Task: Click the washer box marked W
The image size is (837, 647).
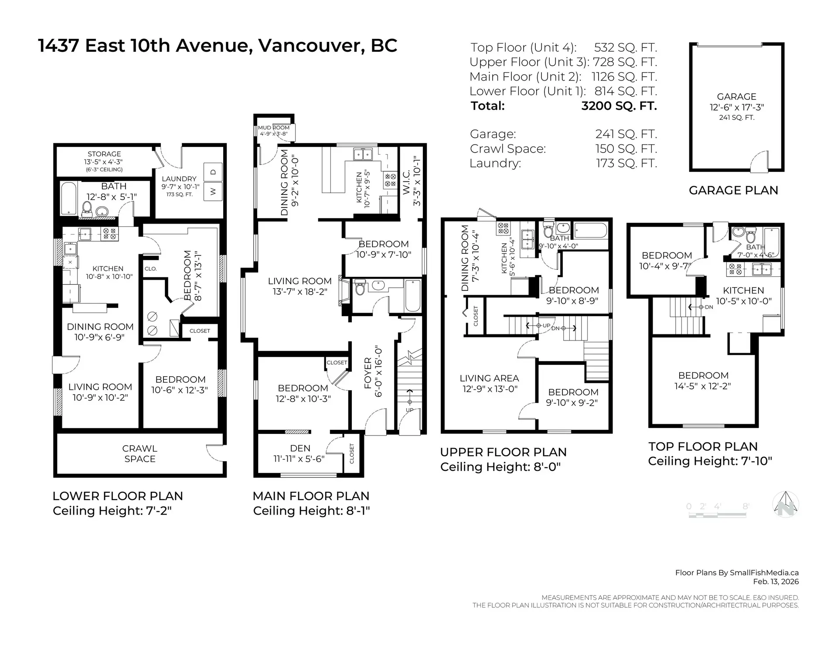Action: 214,191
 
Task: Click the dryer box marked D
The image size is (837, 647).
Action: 214,172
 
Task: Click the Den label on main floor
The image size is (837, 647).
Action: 300,448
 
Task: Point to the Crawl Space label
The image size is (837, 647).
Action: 139,453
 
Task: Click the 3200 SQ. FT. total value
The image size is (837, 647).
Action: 619,106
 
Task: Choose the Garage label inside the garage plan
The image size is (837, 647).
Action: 736,97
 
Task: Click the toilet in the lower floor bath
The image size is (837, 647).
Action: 86,209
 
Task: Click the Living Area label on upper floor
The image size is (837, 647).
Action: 489,378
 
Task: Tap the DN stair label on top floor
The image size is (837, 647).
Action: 709,307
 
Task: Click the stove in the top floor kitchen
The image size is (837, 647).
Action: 735,269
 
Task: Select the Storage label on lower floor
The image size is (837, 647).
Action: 104,154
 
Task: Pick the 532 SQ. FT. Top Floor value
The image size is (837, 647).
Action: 625,48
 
